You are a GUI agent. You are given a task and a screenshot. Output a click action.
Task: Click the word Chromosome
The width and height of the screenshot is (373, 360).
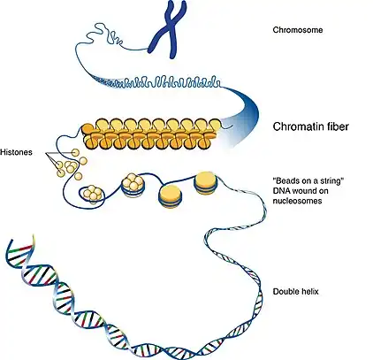click(298, 30)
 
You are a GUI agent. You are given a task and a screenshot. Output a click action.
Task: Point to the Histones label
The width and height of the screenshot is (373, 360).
click(16, 152)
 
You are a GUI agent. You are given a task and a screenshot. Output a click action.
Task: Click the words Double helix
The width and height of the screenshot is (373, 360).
click(296, 292)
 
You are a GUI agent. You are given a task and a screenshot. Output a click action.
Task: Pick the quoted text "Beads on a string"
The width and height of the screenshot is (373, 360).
click(308, 180)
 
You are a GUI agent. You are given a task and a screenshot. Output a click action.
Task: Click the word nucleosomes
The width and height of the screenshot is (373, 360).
click(297, 201)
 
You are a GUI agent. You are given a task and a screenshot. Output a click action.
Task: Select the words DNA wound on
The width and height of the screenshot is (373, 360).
click(301, 191)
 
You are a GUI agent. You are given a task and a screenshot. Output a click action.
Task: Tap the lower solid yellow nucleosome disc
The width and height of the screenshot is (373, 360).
click(171, 196)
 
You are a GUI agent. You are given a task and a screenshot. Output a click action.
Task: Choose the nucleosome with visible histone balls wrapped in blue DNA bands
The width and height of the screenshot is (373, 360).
click(133, 185)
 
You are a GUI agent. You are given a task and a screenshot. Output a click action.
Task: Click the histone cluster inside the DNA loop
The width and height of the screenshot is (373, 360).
click(93, 194)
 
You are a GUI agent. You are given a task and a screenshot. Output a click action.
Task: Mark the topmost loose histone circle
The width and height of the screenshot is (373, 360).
click(76, 152)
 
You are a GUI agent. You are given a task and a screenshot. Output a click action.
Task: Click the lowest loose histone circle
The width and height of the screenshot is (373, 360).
click(78, 176)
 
